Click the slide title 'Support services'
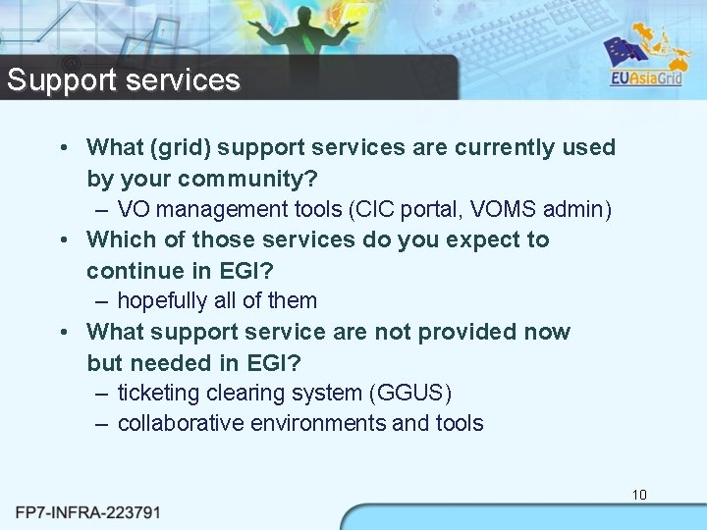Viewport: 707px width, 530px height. click(124, 79)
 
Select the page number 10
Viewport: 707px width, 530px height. click(639, 495)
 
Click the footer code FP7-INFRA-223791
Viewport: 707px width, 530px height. click(87, 512)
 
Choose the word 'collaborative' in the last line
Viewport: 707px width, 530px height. click(180, 424)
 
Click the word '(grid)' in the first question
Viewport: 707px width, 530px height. click(178, 148)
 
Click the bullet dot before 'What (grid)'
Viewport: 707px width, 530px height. click(63, 148)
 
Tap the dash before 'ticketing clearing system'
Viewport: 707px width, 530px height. click(102, 394)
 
